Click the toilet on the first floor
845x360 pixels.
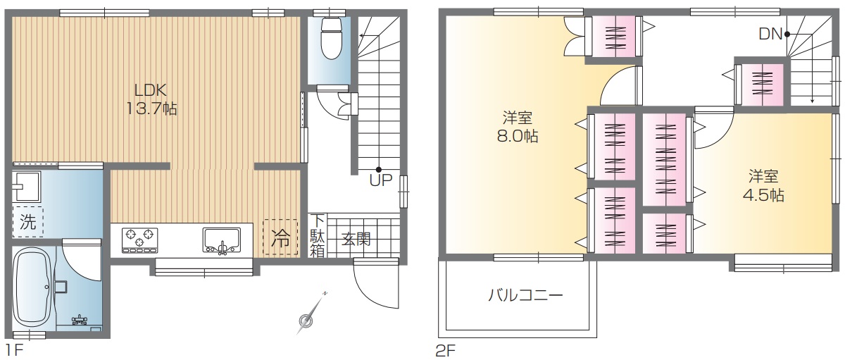coord(331,38)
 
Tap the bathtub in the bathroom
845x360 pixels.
coord(34,288)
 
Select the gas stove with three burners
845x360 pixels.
coord(139,240)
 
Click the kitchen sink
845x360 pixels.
coord(221,240)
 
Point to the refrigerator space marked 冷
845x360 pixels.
coord(280,237)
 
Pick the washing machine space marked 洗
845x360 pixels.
coord(27,221)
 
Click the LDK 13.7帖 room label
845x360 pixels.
coord(151,99)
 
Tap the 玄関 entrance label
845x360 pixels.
coord(356,239)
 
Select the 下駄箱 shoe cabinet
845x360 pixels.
coord(318,236)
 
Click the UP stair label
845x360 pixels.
coord(381,181)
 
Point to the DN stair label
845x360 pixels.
coord(770,35)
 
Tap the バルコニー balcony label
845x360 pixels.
coord(525,295)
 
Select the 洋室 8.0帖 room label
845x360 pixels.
coord(518,127)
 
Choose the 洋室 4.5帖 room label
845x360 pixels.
coord(763,186)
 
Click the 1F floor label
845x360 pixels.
coord(14,350)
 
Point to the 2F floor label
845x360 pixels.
coord(446,351)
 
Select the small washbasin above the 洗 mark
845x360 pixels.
coord(26,187)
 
